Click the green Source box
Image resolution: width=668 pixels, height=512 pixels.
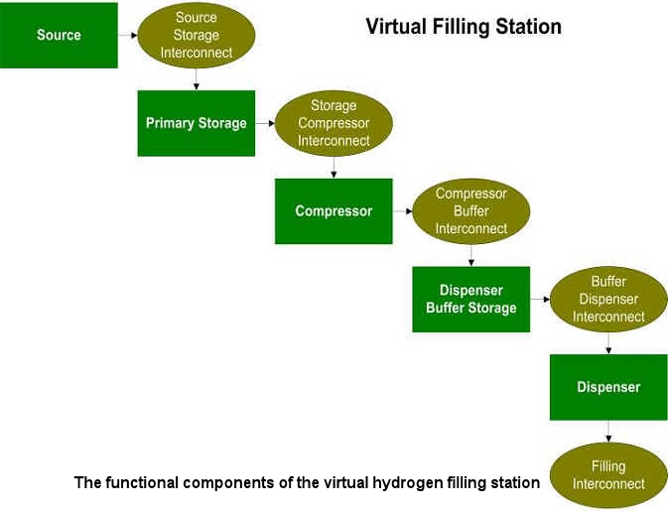pyautogui.click(x=59, y=36)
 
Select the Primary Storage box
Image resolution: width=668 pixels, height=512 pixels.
pyautogui.click(x=197, y=123)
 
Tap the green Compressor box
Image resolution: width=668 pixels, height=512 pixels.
pyautogui.click(x=334, y=211)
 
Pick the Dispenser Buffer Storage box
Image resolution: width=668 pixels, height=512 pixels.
pyautogui.click(x=471, y=300)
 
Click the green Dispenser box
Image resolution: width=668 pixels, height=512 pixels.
pyautogui.click(x=608, y=387)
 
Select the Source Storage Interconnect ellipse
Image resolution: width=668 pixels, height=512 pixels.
pyautogui.click(x=197, y=36)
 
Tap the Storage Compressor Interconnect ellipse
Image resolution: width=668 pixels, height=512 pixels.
pyautogui.click(x=334, y=123)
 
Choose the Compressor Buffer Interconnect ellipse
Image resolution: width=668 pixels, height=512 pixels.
pyautogui.click(x=471, y=211)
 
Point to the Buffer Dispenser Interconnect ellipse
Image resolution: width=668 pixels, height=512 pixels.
pyautogui.click(x=608, y=300)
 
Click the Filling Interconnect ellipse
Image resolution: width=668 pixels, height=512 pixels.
pyautogui.click(x=608, y=475)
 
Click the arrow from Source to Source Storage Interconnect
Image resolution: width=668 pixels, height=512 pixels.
pyautogui.click(x=128, y=36)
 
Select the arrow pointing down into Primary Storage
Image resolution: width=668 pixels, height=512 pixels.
pyautogui.click(x=197, y=79)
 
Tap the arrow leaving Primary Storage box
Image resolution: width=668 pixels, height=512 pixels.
pyautogui.click(x=265, y=123)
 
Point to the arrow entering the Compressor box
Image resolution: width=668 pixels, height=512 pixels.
pyautogui.click(x=334, y=168)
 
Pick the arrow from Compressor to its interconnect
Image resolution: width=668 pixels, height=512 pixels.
pyautogui.click(x=403, y=211)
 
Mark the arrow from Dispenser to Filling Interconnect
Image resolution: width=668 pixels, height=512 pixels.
pyautogui.click(x=608, y=432)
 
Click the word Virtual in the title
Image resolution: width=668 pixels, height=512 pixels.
pyautogui.click(x=396, y=27)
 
